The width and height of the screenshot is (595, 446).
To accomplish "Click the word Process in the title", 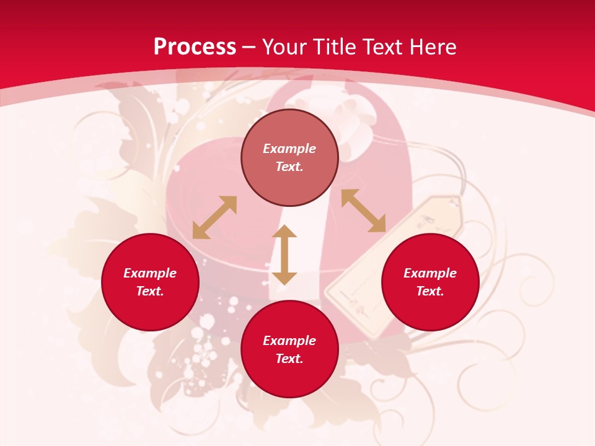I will click(x=195, y=47).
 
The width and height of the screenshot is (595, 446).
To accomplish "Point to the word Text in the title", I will click(x=382, y=47).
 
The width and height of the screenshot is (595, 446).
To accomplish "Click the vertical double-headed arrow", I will click(x=284, y=255).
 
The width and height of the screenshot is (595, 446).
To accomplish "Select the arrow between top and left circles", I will click(x=214, y=217).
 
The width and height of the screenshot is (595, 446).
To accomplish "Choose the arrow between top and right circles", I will click(x=363, y=211).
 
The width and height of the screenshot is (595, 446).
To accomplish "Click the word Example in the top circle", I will click(x=289, y=149).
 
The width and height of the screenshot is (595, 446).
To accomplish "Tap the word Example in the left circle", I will click(x=150, y=273).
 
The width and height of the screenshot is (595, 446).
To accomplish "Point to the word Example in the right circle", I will click(x=430, y=273).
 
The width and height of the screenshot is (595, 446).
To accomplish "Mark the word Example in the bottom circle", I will click(x=289, y=341).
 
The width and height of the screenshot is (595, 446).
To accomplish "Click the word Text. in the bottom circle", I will click(x=289, y=359).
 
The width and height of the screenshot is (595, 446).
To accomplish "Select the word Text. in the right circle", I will click(x=430, y=291).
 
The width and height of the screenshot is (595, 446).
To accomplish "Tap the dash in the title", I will click(x=249, y=47).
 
